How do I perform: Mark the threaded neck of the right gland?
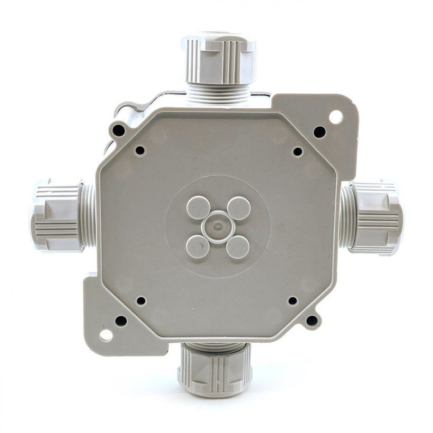tap(346, 217)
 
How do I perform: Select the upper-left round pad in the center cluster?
tap(197, 208)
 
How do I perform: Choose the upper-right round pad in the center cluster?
tap(238, 208)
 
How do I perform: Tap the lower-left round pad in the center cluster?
tap(197, 247)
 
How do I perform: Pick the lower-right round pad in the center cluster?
tap(238, 247)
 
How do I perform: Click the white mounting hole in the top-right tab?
tap(335, 116)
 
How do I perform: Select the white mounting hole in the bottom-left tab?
tap(106, 335)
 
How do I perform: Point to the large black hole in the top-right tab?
tap(319, 131)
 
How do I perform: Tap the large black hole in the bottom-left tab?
tap(121, 321)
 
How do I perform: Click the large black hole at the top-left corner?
tap(119, 129)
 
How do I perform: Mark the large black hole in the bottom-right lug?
tap(312, 320)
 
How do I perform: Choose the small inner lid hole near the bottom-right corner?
tap(293, 301)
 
